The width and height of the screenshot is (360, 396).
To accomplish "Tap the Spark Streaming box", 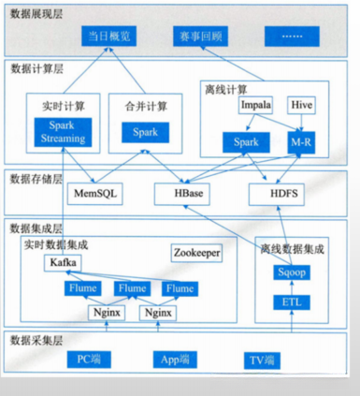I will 63,132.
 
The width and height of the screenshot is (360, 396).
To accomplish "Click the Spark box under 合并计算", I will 145,133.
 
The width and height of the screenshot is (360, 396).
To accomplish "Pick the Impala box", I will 255,106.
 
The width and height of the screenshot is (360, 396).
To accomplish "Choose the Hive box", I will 303,106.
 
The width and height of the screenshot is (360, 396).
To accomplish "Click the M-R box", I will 301,140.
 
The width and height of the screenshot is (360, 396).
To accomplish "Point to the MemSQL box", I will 92,194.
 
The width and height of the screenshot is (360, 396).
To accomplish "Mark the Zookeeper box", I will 196,253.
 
